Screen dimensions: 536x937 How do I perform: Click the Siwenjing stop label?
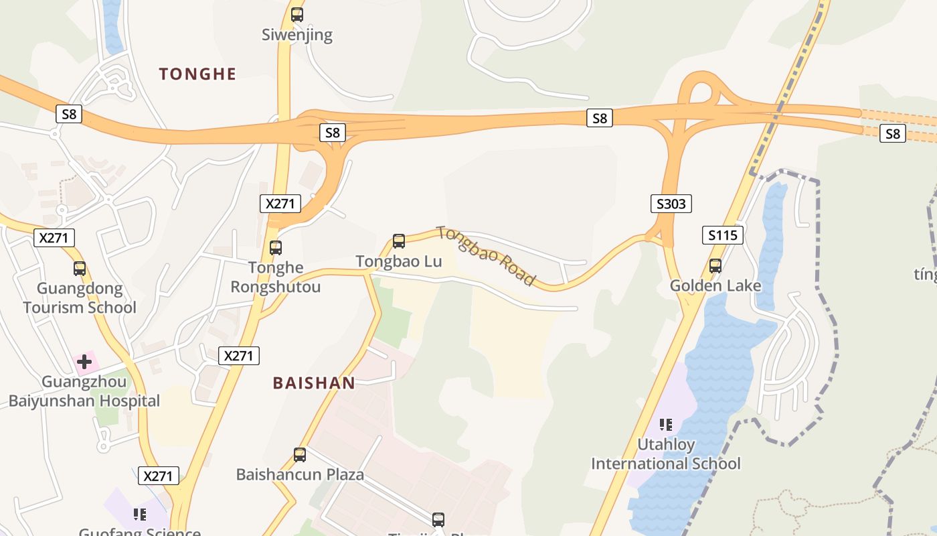tap(296, 35)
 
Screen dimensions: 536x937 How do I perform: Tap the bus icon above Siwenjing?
tap(296, 14)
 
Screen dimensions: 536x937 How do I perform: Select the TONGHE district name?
tap(197, 74)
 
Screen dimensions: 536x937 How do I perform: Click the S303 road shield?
tap(671, 204)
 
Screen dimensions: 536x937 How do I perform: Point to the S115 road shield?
tap(723, 235)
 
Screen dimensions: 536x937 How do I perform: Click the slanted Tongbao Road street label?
tap(487, 255)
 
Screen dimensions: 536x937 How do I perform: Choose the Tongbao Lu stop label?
tap(399, 261)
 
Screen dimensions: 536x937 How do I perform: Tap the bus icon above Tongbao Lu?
tap(399, 241)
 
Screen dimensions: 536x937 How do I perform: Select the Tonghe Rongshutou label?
tap(276, 277)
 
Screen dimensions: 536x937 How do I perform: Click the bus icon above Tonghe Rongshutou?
tap(276, 247)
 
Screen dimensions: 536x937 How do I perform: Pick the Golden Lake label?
tap(715, 286)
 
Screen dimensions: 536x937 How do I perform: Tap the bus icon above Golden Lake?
tap(715, 265)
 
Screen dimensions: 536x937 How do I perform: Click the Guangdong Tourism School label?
tap(80, 298)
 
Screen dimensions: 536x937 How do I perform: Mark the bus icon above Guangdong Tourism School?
tap(80, 269)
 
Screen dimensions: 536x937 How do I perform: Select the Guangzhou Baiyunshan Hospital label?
tap(84, 392)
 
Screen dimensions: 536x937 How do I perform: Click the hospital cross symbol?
tap(84, 362)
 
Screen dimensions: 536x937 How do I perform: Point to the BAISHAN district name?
tap(314, 383)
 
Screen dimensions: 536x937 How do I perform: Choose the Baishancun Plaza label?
tap(300, 475)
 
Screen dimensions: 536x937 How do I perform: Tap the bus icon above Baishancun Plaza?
tap(300, 455)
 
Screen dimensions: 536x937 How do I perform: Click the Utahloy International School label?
tap(665, 454)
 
